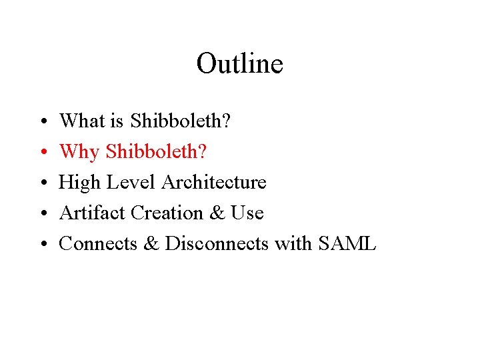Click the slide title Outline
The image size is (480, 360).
click(x=239, y=64)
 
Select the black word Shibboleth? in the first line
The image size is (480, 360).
click(x=181, y=121)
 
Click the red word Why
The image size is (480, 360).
click(x=79, y=151)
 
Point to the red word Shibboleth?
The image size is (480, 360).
click(x=157, y=151)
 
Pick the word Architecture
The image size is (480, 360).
click(x=213, y=182)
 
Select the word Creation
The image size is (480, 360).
click(x=169, y=213)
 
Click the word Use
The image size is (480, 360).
click(x=247, y=213)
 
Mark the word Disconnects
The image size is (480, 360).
click(x=216, y=243)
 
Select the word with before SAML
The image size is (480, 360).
click(x=293, y=243)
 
